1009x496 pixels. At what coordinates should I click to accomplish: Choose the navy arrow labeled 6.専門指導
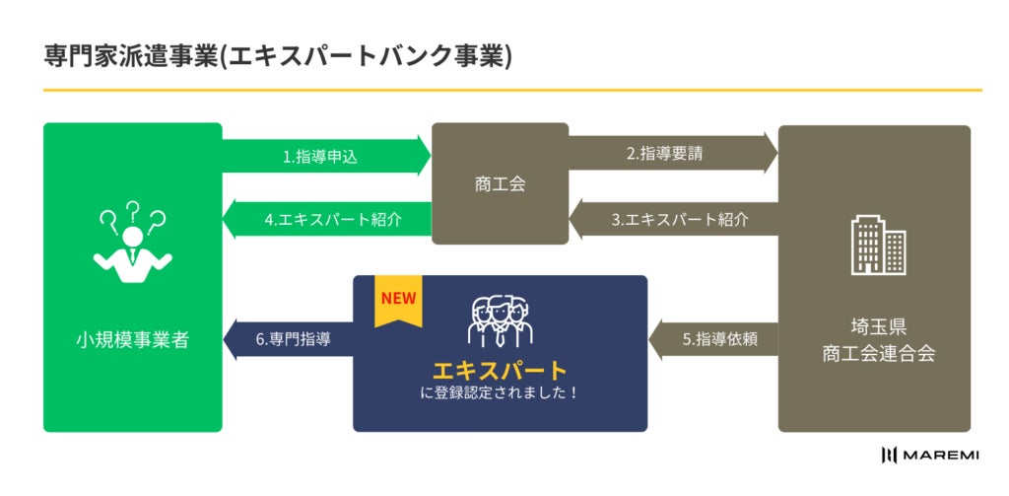pyautogui.click(x=290, y=339)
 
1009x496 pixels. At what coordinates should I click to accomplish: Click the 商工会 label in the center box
pyautogui.click(x=500, y=183)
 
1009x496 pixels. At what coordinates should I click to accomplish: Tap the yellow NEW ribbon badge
pyautogui.click(x=398, y=302)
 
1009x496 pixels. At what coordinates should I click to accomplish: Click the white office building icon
pyautogui.click(x=878, y=246)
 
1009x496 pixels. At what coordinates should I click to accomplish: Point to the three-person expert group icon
pyautogui.click(x=500, y=319)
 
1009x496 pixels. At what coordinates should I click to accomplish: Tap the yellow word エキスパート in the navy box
pyautogui.click(x=500, y=371)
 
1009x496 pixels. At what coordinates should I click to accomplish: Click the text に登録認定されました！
pyautogui.click(x=500, y=392)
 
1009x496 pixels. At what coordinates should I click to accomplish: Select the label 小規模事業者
pyautogui.click(x=132, y=340)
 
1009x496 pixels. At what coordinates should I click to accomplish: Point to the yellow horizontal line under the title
pyautogui.click(x=512, y=91)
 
